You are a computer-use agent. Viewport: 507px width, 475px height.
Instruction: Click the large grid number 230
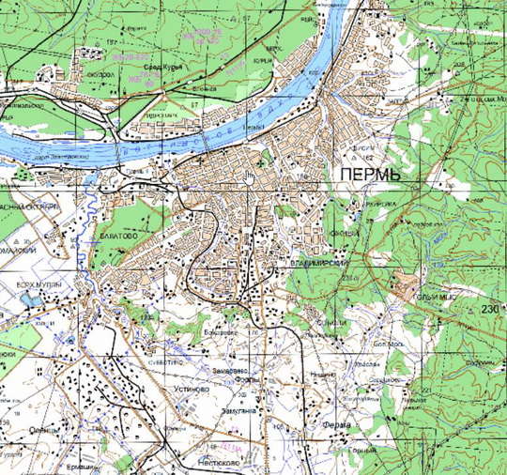tap(489, 309)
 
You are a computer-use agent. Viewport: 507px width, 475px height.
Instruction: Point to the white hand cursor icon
tap(250, 177)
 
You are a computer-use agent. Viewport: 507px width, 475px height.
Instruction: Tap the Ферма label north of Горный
tap(336, 425)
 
